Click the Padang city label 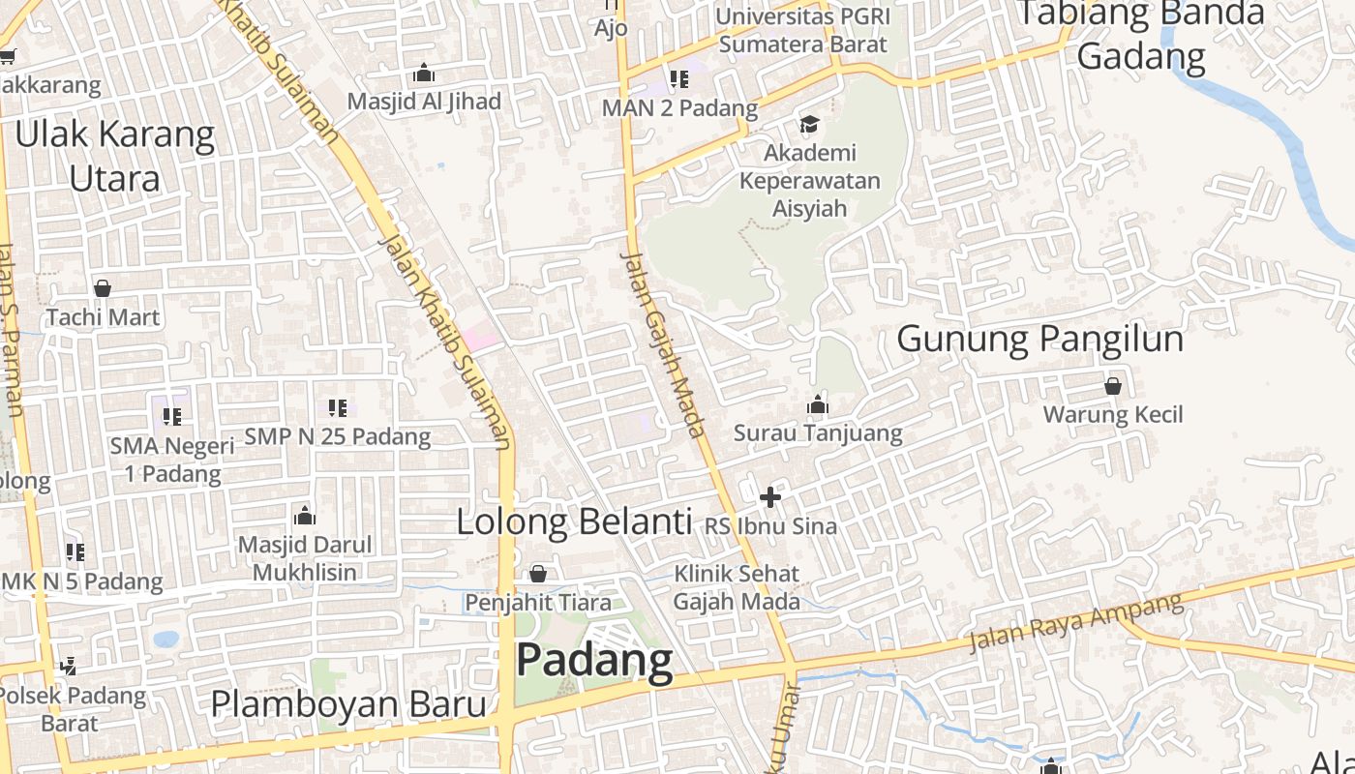click(x=594, y=660)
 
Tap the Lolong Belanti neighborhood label click(x=574, y=521)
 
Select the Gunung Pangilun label click(x=1039, y=340)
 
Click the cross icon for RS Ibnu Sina click(x=770, y=498)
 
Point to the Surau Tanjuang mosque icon click(x=818, y=404)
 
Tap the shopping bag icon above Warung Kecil click(x=1113, y=386)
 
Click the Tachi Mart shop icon click(x=103, y=288)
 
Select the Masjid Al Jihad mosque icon click(x=424, y=74)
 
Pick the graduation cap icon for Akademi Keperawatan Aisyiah click(x=808, y=124)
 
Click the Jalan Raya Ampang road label click(x=1075, y=622)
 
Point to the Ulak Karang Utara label click(x=114, y=157)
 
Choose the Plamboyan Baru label click(x=348, y=704)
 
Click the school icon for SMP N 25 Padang click(x=337, y=408)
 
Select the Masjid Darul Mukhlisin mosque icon click(x=305, y=515)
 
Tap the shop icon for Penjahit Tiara click(x=538, y=574)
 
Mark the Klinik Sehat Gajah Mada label click(x=738, y=587)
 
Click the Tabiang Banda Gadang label click(x=1142, y=34)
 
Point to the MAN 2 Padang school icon click(x=679, y=79)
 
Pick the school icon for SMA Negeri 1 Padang click(x=172, y=417)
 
